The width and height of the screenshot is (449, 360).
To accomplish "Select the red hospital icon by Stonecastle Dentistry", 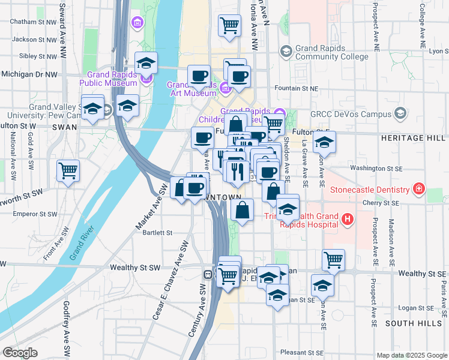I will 419,191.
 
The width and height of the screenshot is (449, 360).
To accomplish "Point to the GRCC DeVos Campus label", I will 350,114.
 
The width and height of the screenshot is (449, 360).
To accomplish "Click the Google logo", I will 20,353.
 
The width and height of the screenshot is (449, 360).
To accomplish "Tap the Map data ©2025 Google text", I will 412,355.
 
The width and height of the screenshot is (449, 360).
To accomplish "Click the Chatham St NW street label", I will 32,22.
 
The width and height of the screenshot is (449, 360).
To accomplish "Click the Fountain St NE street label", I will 295,88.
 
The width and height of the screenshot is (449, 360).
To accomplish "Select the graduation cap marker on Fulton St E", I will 324,143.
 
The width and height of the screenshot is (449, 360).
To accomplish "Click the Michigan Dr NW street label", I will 29,74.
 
